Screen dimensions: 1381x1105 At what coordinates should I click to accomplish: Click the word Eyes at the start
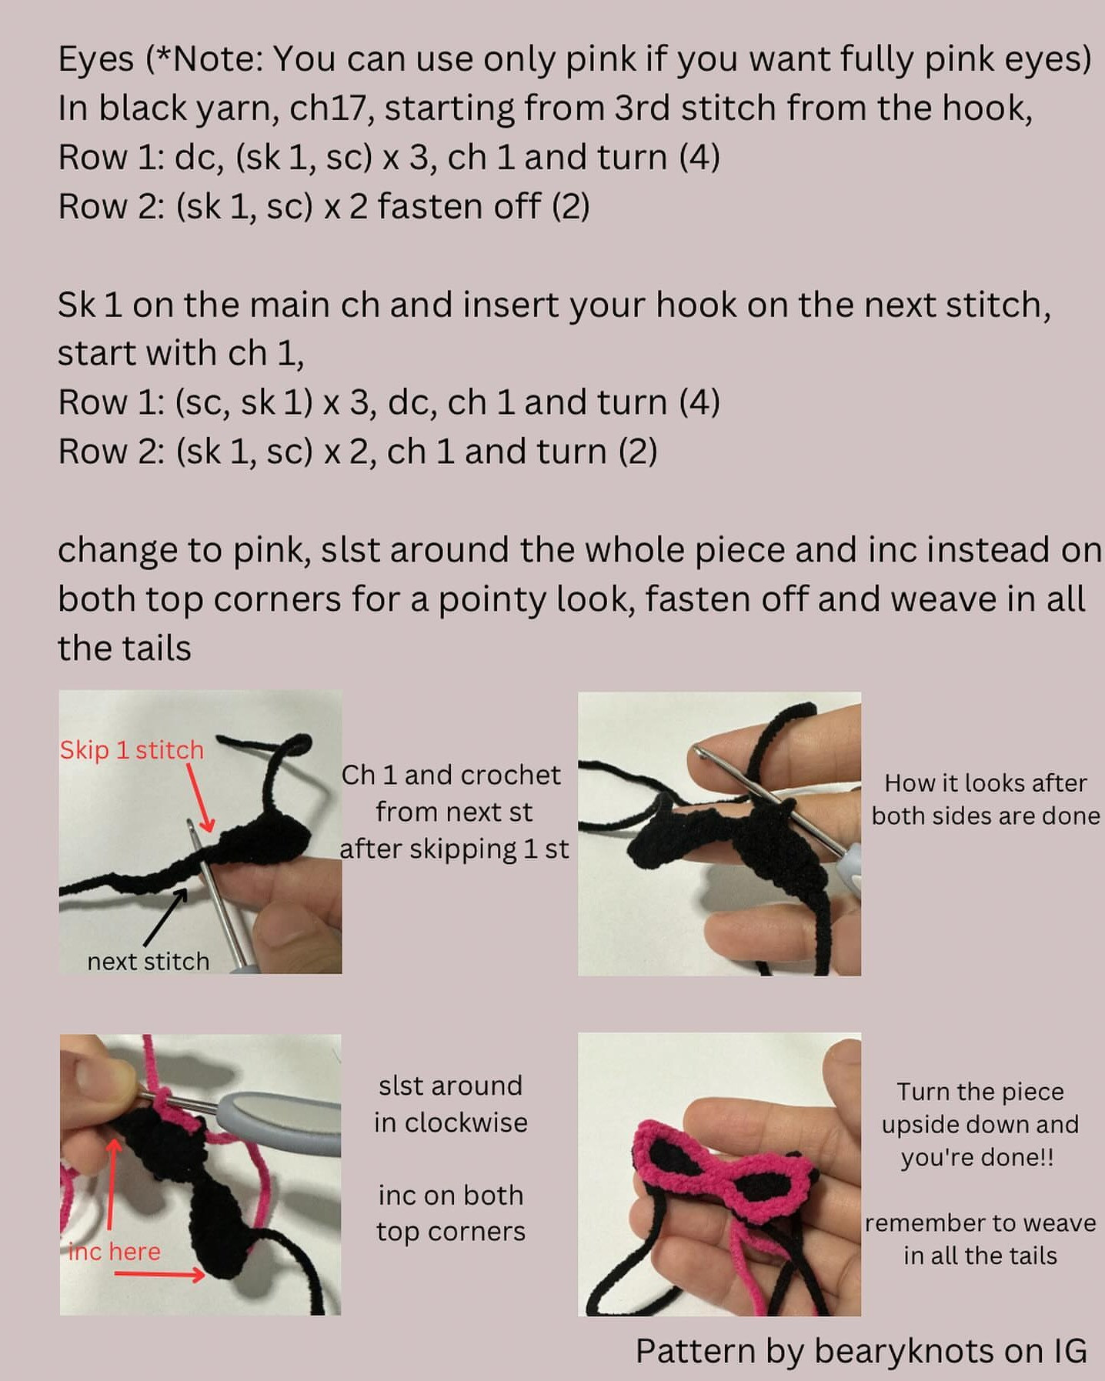(x=95, y=60)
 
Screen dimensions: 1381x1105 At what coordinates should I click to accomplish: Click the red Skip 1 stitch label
(x=132, y=750)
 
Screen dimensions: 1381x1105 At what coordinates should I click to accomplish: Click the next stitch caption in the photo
(x=148, y=962)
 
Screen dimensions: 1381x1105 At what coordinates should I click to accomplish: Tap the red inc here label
(x=115, y=1252)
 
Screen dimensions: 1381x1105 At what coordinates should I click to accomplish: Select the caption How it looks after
(x=985, y=783)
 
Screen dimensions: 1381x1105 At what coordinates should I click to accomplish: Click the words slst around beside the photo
(x=450, y=1086)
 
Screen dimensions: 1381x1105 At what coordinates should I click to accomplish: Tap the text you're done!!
(x=977, y=1157)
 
